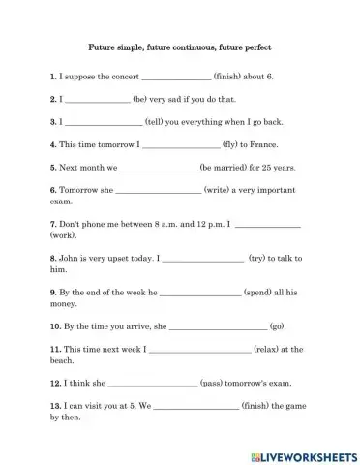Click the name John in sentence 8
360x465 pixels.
[x=70, y=259]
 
